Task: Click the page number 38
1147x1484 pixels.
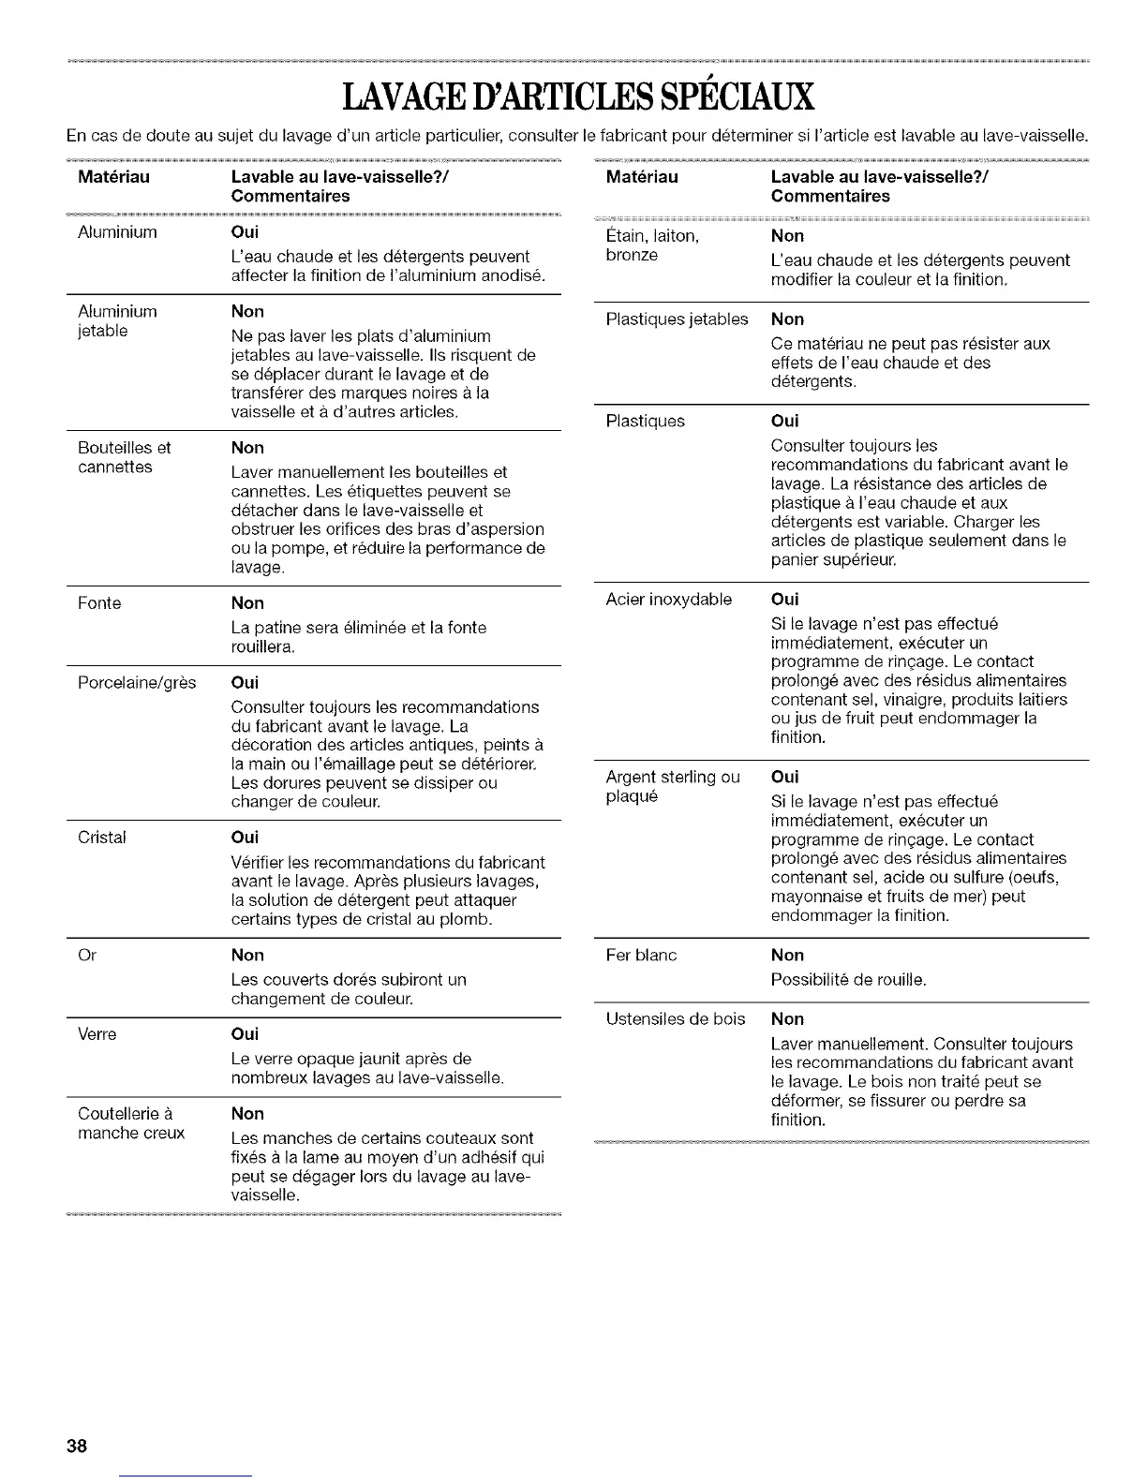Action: [x=77, y=1445]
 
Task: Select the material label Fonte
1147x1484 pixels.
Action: [x=99, y=603]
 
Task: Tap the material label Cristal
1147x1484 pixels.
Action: [x=101, y=838]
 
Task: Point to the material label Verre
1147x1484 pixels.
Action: [x=97, y=1034]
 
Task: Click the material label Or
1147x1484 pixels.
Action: [x=87, y=956]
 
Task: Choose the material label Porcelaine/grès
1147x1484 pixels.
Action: [x=137, y=683]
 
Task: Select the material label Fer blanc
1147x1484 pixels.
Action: [x=641, y=956]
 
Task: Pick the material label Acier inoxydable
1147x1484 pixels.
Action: [x=669, y=600]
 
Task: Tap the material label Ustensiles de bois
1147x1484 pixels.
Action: [x=676, y=1019]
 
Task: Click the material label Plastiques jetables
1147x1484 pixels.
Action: [x=677, y=319]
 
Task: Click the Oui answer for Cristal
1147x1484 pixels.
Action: [x=245, y=838]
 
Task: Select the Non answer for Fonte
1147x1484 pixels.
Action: [x=247, y=603]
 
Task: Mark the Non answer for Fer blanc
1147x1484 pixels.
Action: [x=787, y=956]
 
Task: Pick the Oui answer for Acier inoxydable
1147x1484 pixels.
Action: [x=784, y=600]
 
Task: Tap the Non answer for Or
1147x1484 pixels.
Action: [x=247, y=956]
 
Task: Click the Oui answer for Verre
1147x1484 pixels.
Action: [x=245, y=1034]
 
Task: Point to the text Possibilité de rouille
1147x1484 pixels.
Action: [x=848, y=980]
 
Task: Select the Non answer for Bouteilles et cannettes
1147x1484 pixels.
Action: [x=247, y=448]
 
